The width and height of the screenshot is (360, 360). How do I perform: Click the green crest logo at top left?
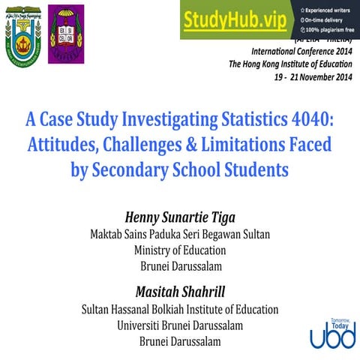23,35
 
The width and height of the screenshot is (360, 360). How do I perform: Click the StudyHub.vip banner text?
234,20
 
